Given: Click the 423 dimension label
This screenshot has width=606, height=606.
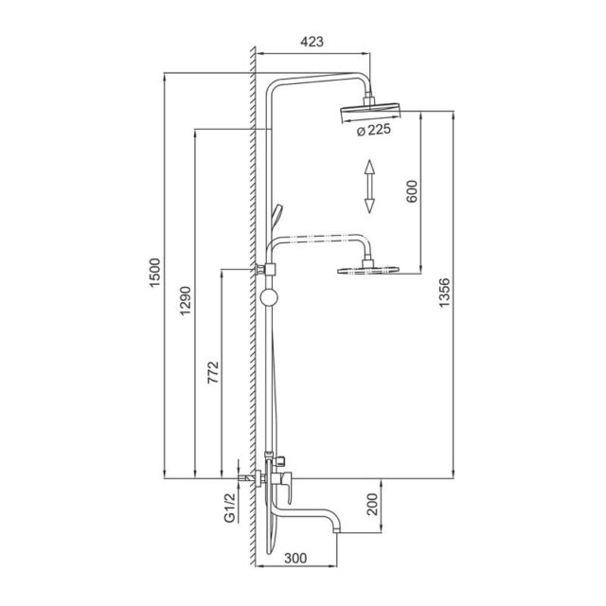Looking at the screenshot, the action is (312, 42).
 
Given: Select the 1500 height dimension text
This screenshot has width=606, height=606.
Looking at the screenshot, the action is (154, 273).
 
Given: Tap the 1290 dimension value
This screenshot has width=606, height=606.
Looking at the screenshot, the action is (186, 301).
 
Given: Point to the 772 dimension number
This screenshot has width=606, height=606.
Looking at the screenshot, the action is (213, 372).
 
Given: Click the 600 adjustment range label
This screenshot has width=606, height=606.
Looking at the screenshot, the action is (412, 191).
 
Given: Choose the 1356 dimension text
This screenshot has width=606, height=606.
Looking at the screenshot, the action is (445, 293).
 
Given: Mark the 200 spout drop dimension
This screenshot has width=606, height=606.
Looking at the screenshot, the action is (372, 504).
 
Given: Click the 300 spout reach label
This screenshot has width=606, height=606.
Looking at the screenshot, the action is (295, 558).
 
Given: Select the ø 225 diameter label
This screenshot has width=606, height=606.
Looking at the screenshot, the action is (374, 131).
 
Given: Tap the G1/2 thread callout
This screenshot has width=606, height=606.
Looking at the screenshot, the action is (229, 508).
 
